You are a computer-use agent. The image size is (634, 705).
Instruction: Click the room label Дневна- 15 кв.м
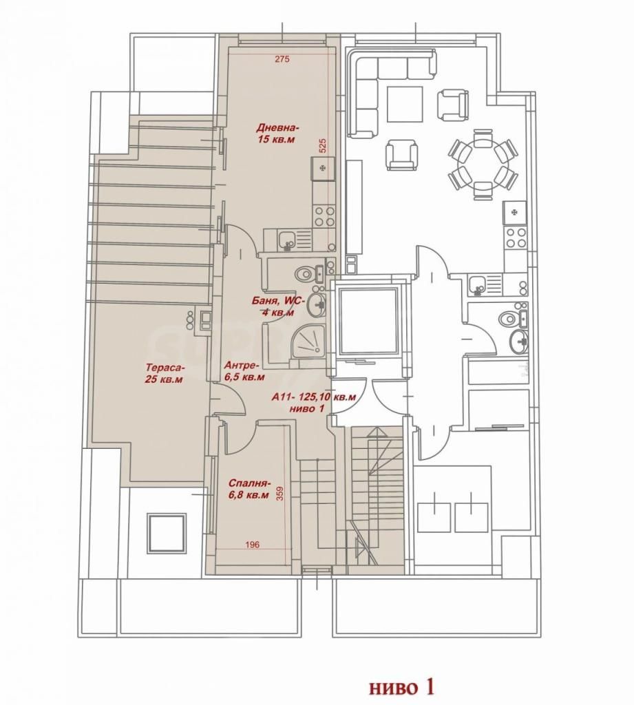click(277, 134)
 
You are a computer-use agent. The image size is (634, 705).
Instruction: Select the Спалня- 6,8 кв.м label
click(249, 490)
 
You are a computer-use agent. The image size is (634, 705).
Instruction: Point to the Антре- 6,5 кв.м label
click(244, 370)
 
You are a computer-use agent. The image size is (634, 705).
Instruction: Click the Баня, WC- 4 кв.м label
click(278, 306)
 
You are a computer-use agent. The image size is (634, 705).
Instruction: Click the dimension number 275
click(282, 59)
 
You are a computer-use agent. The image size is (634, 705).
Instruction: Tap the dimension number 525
click(322, 146)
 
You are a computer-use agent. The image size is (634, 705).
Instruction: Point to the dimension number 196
click(253, 545)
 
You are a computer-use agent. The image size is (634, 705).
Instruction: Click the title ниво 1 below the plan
click(401, 688)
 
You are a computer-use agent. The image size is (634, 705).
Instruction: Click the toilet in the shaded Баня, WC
click(306, 273)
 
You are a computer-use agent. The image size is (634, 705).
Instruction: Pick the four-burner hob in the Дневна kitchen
click(324, 216)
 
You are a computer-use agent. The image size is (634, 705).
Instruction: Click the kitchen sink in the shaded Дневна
click(286, 239)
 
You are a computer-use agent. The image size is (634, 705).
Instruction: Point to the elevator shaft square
click(368, 322)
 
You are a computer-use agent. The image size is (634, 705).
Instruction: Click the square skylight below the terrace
click(167, 534)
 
